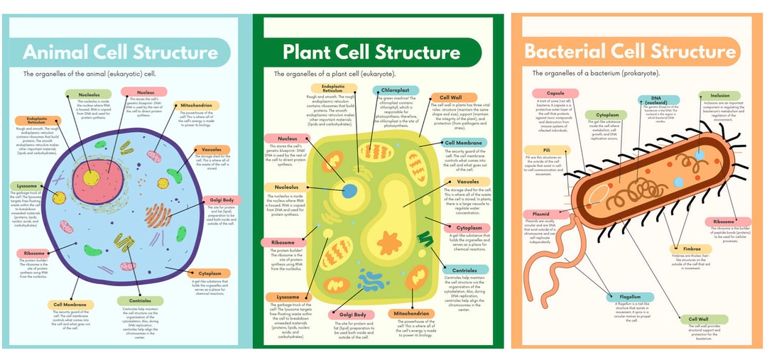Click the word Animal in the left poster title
click(58, 53)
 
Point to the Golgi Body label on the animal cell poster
click(222, 200)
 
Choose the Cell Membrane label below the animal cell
click(70, 305)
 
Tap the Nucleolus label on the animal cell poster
click(89, 94)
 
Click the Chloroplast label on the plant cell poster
click(395, 91)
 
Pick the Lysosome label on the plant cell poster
click(288, 297)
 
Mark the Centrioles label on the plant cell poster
click(464, 270)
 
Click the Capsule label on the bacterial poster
click(555, 94)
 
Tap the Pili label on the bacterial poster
click(546, 150)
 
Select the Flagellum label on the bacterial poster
click(629, 297)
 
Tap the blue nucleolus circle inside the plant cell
click(350, 190)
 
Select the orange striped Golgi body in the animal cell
click(158, 215)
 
